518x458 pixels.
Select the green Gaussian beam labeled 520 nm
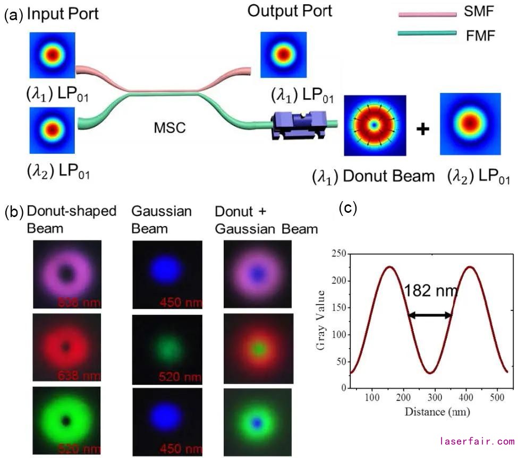click(x=166, y=349)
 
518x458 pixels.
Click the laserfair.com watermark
click(x=477, y=441)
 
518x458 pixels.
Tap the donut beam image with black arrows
click(x=375, y=125)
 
